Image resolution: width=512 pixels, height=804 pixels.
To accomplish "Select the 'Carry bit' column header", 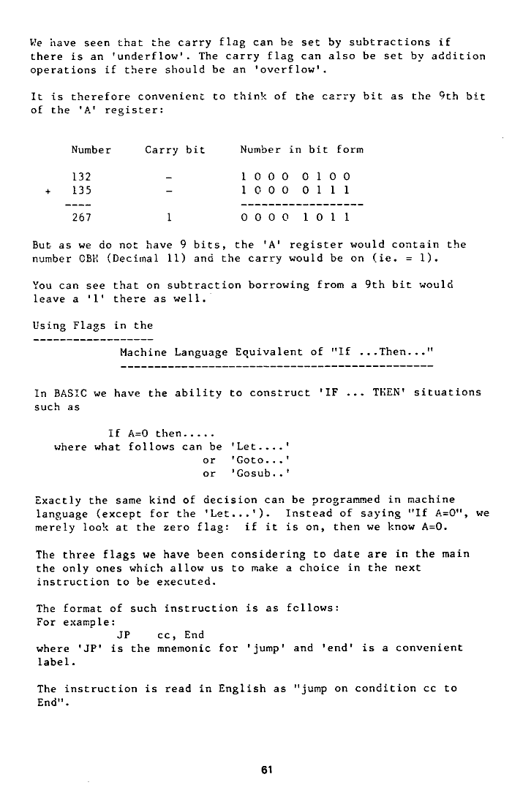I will tap(175, 151).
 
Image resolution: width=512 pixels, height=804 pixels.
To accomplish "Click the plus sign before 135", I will tap(48, 190).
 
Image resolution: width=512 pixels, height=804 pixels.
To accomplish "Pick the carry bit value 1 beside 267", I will tap(168, 217).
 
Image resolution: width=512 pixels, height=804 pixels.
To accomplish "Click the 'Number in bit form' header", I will tap(301, 151).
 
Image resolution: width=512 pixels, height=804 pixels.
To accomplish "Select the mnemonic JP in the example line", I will tap(124, 634).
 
